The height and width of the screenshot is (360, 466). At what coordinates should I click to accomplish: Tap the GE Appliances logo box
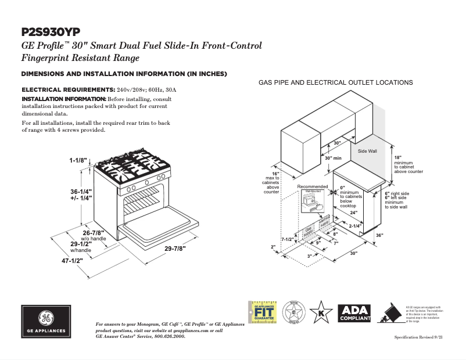coord(46,321)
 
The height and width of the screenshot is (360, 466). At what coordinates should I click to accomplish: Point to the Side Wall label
coord(367,151)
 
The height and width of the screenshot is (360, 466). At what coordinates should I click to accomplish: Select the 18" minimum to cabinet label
coord(398,157)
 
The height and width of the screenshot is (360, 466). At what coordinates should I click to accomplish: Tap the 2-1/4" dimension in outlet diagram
coord(355,226)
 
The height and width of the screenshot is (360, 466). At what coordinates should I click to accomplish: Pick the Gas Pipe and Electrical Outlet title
coord(335,82)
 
